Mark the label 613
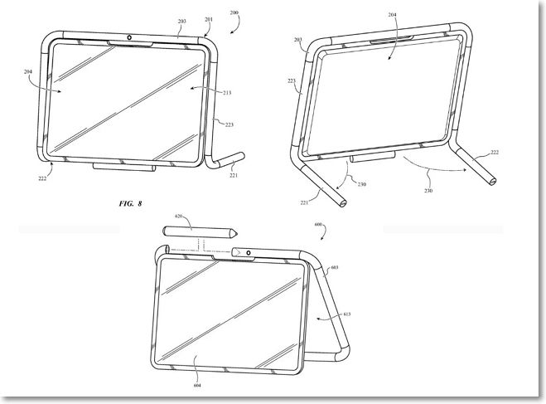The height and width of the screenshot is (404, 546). point(347,315)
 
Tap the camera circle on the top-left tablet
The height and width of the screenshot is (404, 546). point(130,37)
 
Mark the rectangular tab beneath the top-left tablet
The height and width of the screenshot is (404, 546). point(123,166)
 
